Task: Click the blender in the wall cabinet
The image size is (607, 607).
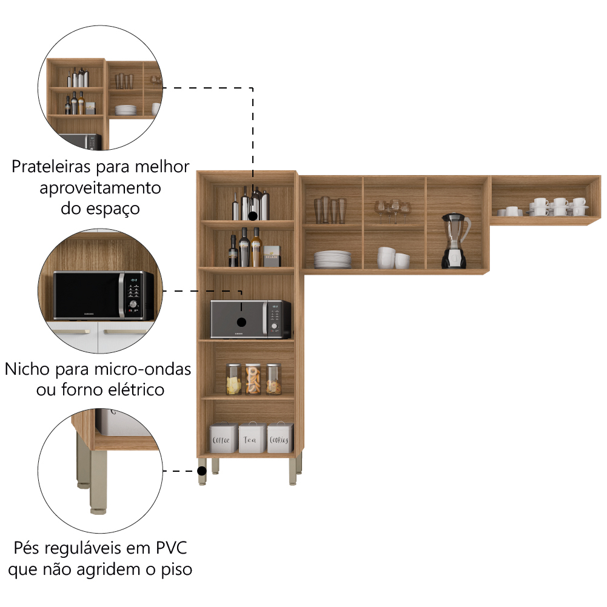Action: point(455,240)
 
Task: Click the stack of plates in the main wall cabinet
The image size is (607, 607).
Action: point(332,260)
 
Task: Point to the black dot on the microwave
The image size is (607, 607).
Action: point(241,322)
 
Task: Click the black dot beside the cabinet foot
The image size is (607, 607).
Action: point(202,471)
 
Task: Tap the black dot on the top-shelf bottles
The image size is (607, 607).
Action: point(253,216)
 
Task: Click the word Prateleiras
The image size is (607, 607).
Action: point(52,167)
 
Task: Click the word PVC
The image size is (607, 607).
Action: point(172,548)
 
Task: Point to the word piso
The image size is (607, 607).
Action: point(176,569)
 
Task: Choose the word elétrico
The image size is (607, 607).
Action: point(136,390)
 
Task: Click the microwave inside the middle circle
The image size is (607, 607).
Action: point(103,295)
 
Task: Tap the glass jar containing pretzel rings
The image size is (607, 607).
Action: point(253,379)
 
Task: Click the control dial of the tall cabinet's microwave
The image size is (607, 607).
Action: point(274,326)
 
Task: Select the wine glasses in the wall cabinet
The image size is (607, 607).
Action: point(392,212)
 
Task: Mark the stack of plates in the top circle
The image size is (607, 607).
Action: point(126,110)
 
